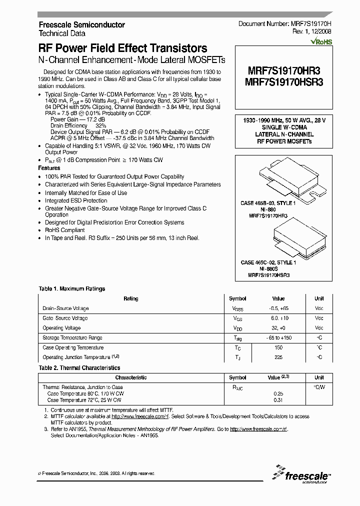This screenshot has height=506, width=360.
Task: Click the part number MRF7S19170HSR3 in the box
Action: (284, 82)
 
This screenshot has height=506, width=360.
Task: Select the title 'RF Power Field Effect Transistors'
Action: (123, 48)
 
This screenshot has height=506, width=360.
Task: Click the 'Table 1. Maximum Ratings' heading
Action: (72, 288)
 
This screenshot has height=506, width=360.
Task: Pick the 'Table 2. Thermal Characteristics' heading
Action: (79, 368)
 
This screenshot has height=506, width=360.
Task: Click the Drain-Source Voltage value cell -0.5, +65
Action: (278, 308)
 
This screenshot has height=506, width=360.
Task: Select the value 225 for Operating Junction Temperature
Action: (278, 357)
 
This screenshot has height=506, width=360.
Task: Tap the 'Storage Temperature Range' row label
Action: (73, 338)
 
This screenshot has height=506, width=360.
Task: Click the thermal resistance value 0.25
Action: (278, 393)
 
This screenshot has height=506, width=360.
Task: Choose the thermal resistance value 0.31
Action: (278, 400)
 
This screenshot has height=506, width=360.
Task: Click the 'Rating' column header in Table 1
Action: (131, 298)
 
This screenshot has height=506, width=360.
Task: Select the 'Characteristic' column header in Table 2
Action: (131, 378)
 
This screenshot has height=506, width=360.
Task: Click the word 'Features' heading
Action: (49, 168)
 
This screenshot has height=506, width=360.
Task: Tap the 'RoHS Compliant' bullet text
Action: (64, 230)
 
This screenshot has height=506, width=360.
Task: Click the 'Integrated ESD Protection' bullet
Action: (76, 200)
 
